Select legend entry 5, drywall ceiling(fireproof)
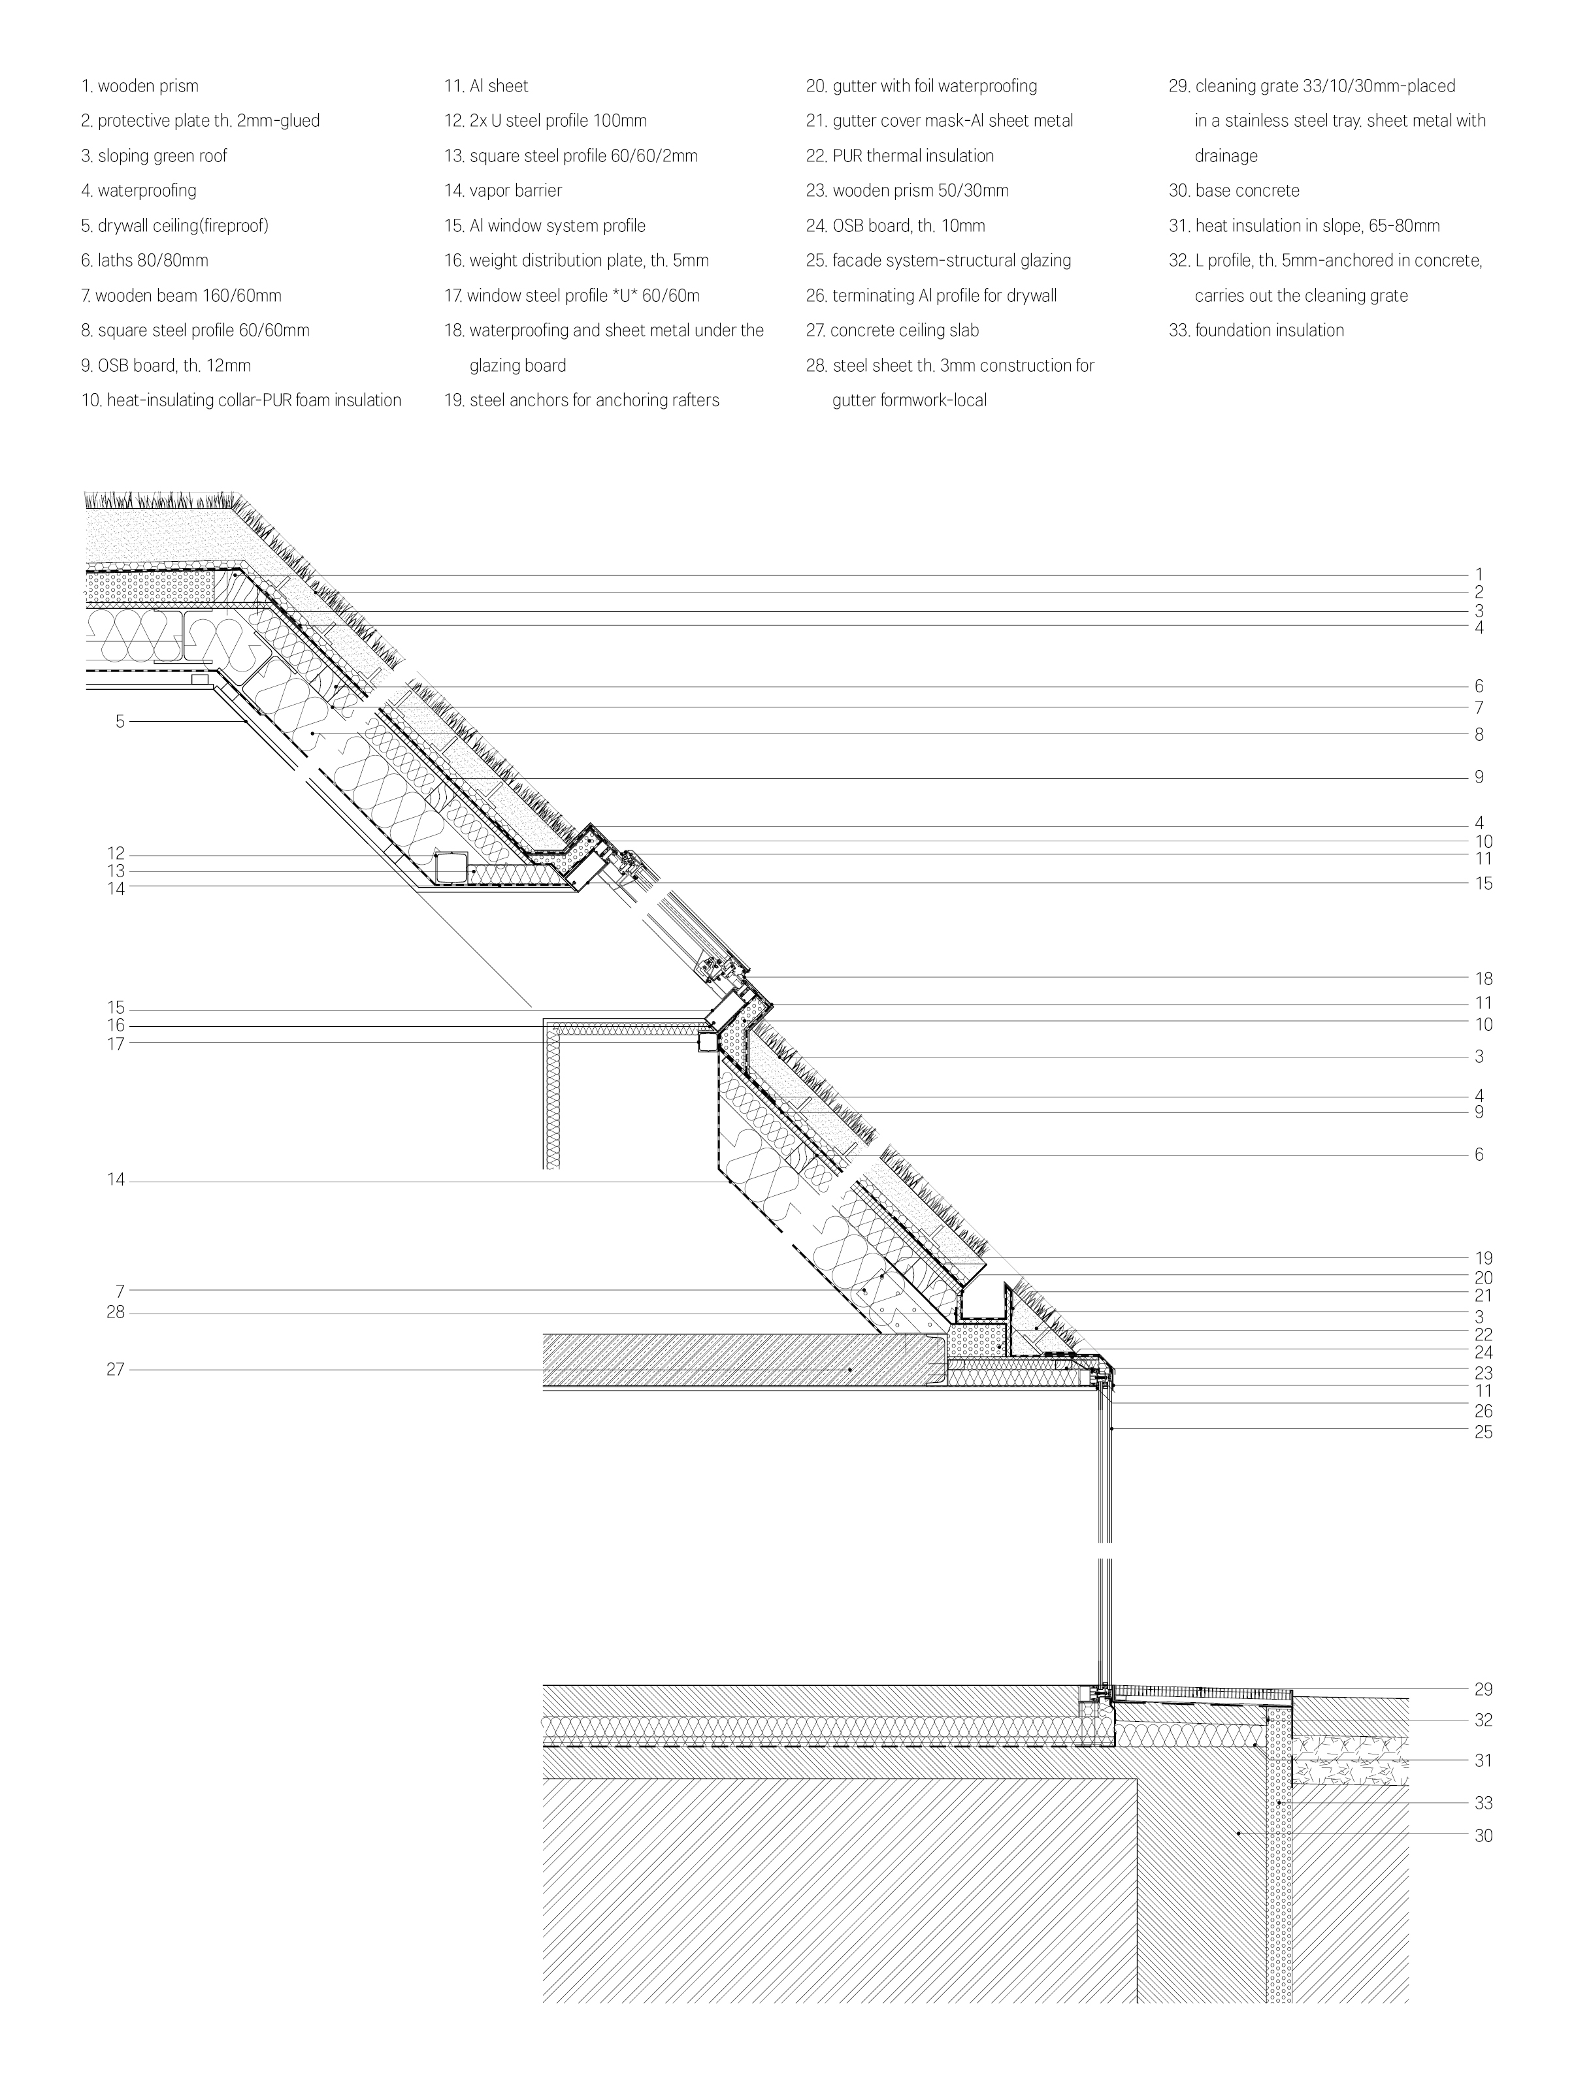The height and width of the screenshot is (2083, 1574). (174, 226)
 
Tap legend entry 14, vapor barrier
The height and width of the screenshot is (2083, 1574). (503, 190)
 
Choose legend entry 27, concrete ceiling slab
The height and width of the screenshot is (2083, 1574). (892, 331)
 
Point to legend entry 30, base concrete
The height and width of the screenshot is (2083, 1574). (1234, 190)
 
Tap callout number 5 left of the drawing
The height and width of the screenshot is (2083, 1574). (120, 722)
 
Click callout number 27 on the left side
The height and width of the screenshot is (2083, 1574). (115, 1370)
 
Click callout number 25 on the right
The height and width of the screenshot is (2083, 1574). (1484, 1433)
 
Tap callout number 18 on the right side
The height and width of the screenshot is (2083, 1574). (1484, 979)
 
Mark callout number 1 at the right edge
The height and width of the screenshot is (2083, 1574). (1479, 574)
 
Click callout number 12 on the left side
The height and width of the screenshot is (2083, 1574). (115, 854)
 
